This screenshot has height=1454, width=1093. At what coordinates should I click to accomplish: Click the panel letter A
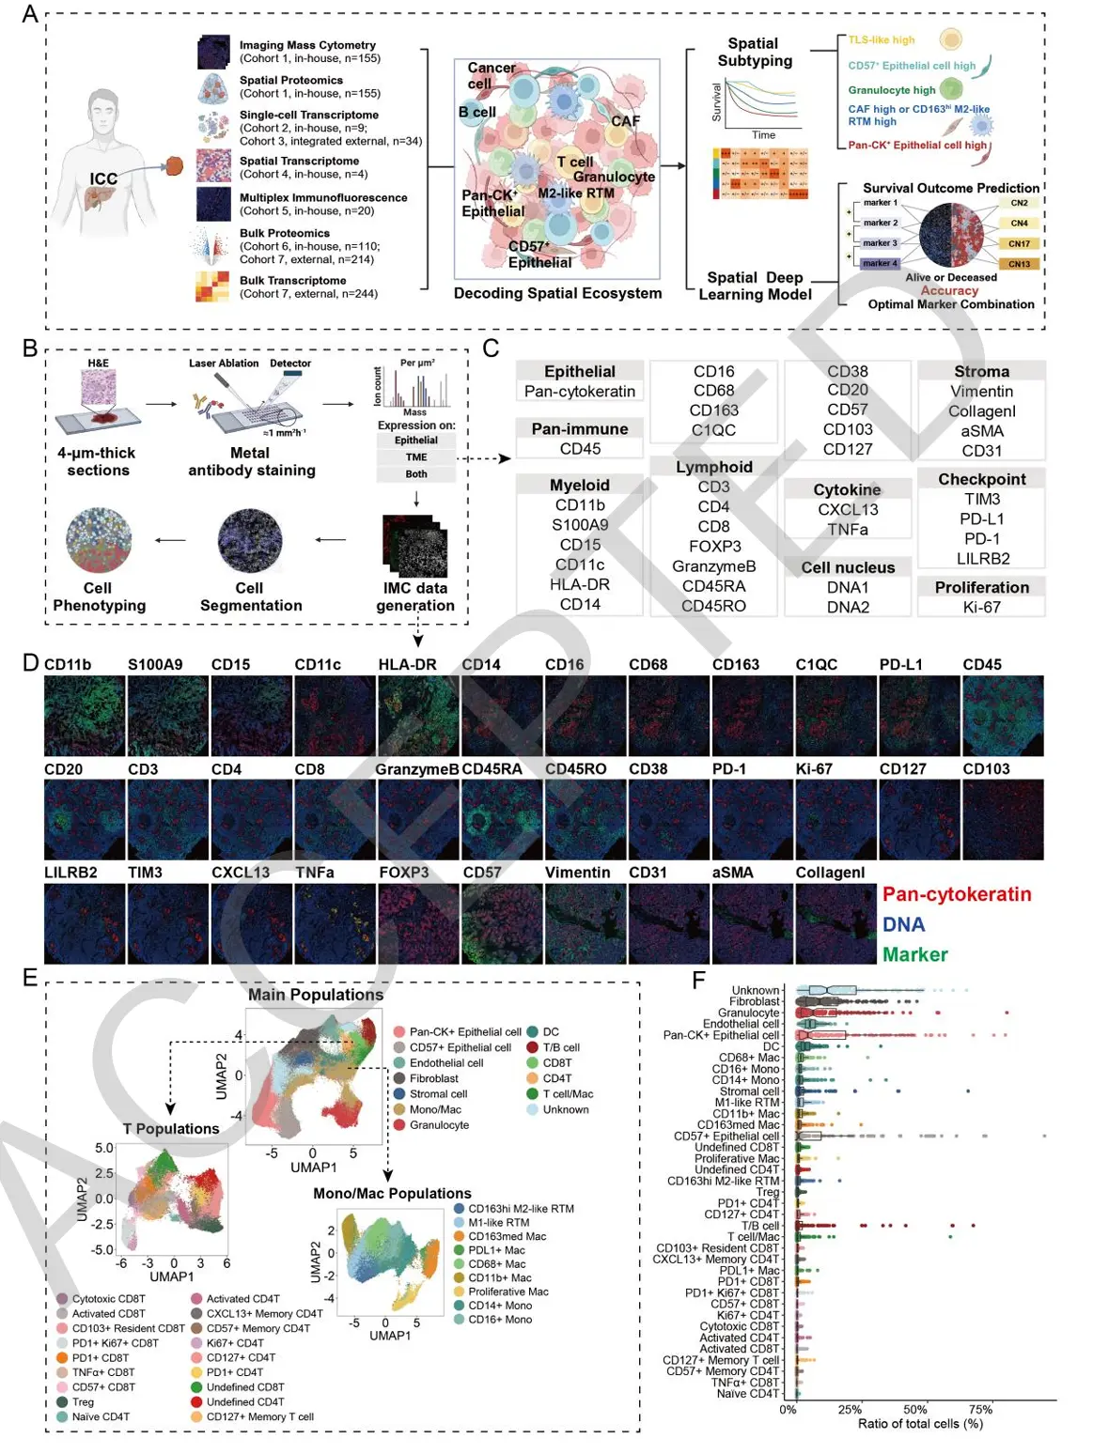point(30,14)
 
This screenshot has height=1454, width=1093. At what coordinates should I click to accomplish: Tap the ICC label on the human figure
point(103,178)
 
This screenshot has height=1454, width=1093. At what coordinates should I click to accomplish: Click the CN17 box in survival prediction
point(1019,244)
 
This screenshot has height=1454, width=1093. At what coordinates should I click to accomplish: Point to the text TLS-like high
point(881,40)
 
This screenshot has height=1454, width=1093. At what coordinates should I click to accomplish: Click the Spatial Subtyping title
point(754,52)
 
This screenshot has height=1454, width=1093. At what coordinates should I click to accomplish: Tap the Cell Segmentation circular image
point(250,541)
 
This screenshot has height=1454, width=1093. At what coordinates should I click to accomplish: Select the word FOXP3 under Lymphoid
point(713,546)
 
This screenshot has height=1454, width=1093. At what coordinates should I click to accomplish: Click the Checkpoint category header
point(981,479)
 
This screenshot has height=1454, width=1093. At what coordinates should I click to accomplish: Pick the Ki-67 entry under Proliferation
point(981,607)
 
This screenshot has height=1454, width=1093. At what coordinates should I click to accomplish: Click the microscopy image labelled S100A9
point(167,716)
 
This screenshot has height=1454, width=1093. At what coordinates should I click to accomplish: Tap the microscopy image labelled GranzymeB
point(417,820)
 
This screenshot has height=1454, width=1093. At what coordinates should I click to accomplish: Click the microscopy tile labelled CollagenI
point(835,923)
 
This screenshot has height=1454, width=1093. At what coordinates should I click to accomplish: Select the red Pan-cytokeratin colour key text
point(957,894)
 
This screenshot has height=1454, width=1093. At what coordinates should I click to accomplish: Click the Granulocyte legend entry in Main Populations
point(439,1125)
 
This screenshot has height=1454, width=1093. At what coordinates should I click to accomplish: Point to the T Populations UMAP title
point(171,1129)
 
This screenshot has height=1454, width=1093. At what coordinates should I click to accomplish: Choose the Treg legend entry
point(83,1402)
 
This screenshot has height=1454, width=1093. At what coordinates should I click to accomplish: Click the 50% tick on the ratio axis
point(914,1409)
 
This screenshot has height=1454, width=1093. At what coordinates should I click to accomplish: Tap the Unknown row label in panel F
point(755,990)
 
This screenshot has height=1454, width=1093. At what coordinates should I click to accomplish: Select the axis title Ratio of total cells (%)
point(920,1424)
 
